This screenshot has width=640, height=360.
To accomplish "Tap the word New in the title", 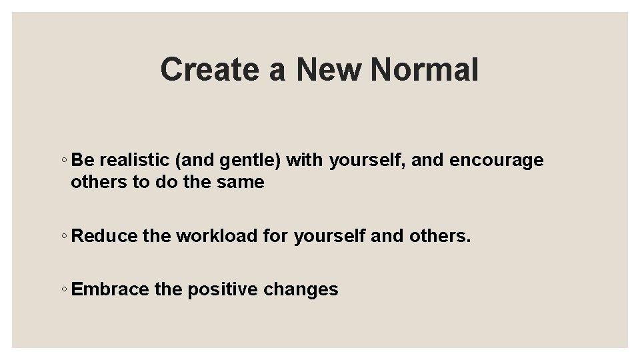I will tap(328, 69).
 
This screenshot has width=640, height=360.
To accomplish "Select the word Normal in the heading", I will tap(424, 69).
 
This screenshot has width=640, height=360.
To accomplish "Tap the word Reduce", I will tap(104, 236).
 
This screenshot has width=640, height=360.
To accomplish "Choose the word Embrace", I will tap(110, 289).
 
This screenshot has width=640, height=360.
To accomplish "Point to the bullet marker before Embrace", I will tap(63, 290).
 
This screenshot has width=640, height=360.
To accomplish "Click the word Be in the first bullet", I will tap(82, 161).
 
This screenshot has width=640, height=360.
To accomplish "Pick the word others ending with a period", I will tap(441, 236).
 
